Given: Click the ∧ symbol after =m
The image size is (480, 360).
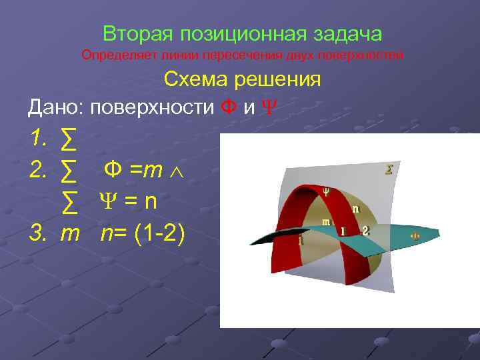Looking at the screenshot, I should tap(177, 171).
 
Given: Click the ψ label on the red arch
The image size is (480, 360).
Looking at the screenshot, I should tap(326, 191).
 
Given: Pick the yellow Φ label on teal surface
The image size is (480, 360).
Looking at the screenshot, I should tap(414, 235).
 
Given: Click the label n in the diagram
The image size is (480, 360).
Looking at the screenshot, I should tap(356, 209).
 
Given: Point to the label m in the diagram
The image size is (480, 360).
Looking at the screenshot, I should tap(326, 222).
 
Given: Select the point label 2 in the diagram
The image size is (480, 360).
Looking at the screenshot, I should tap(364, 230).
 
